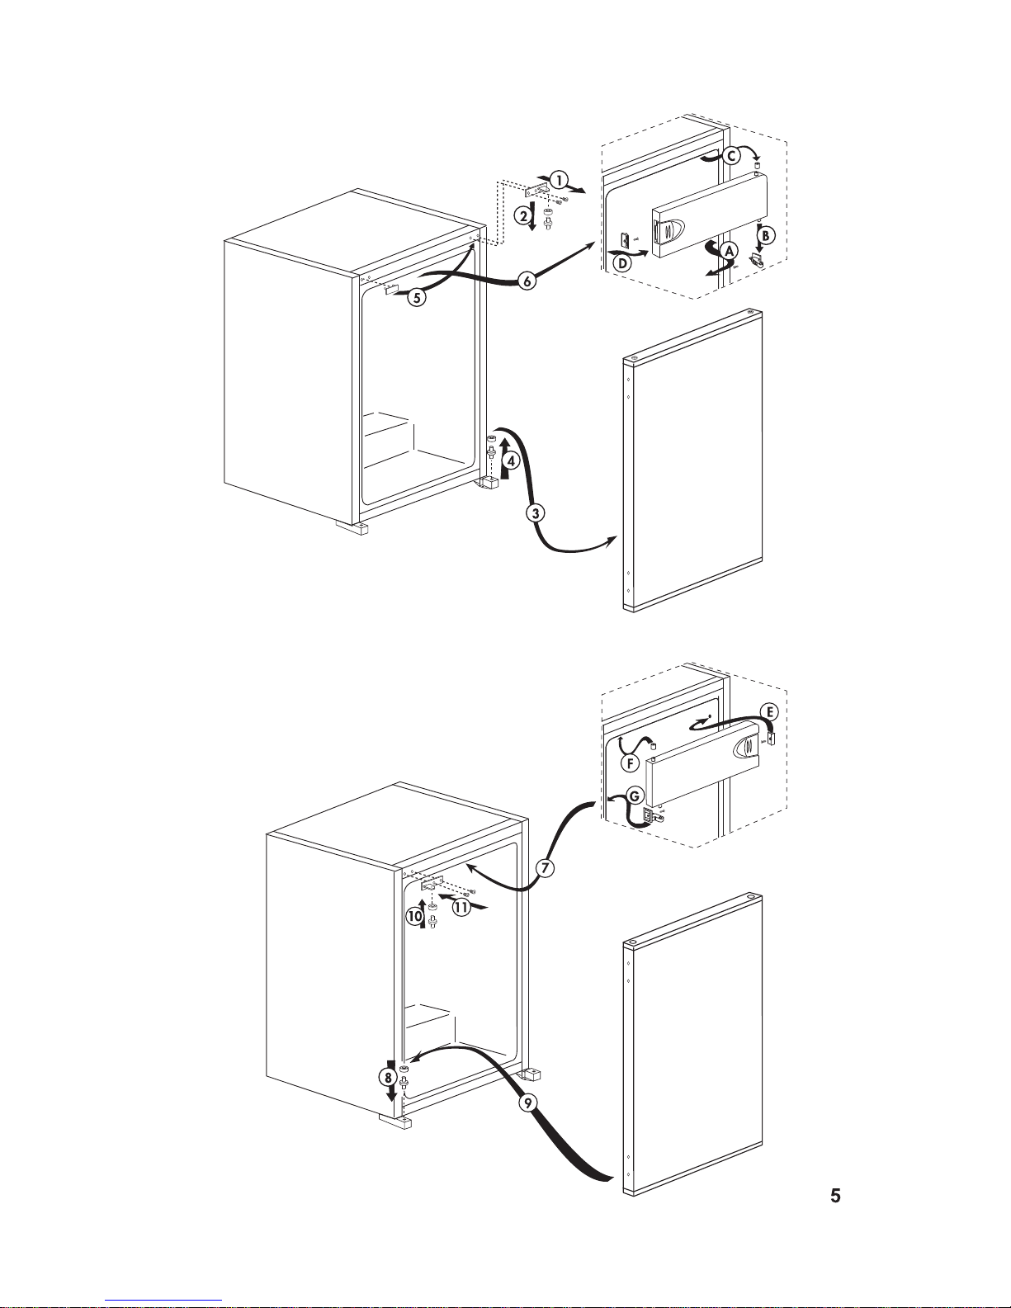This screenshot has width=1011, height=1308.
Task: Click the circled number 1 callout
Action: (559, 180)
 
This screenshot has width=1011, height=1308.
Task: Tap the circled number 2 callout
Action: (523, 216)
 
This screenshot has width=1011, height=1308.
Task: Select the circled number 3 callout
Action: (536, 513)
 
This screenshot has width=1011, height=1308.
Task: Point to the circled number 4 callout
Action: (511, 461)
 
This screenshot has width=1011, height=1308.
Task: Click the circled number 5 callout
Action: (417, 297)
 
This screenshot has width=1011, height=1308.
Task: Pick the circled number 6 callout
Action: (527, 281)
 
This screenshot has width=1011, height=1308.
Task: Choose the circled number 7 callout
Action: (545, 868)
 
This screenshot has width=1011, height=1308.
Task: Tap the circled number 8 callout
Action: (388, 1078)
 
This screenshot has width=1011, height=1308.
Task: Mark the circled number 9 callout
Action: (527, 1103)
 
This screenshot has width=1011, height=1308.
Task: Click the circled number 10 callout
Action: (415, 917)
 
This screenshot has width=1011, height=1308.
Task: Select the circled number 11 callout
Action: (461, 907)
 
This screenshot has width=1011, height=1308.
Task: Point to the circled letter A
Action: (730, 251)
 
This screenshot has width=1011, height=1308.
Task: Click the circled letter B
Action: (766, 235)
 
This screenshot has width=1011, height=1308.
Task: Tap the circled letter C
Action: (731, 157)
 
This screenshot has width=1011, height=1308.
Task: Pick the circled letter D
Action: (623, 262)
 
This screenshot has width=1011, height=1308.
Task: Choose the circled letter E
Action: (769, 712)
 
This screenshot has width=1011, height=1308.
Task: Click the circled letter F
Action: (630, 764)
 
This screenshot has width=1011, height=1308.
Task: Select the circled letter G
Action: (635, 796)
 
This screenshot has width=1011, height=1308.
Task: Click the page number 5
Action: (835, 1196)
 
